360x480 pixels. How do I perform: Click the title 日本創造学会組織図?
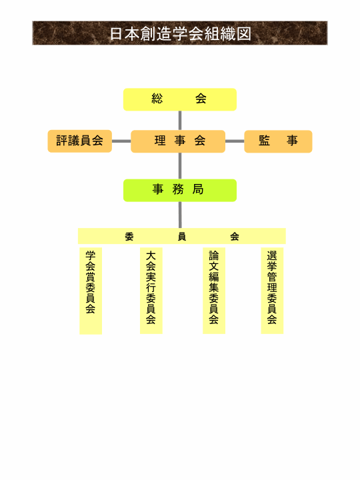tap(180, 34)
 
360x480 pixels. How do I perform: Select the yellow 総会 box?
tap(180, 99)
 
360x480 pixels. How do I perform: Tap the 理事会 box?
tap(178, 141)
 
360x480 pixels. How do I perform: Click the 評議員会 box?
tap(79, 141)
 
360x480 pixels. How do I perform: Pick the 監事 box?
tap(278, 141)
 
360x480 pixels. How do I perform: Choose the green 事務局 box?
tap(180, 191)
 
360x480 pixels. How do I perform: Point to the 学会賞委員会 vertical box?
tap(91, 291)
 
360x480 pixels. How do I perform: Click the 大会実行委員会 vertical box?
tap(151, 291)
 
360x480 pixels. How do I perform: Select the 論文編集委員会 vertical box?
tap(214, 291)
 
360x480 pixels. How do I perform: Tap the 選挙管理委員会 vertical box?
tap(272, 291)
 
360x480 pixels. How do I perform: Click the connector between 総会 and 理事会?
tap(180, 120)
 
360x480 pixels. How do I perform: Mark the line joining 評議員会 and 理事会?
tap(121, 141)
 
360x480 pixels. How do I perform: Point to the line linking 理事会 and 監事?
tap(235, 141)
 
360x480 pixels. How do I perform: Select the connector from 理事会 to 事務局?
tap(180, 166)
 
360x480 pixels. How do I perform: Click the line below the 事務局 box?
tap(180, 215)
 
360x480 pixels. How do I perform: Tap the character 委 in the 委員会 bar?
tap(129, 237)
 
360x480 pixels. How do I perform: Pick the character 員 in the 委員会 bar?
tap(182, 237)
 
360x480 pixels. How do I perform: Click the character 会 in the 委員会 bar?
tap(235, 237)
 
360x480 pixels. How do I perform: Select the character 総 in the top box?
tap(157, 99)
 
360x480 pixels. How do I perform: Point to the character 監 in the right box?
tap(264, 141)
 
